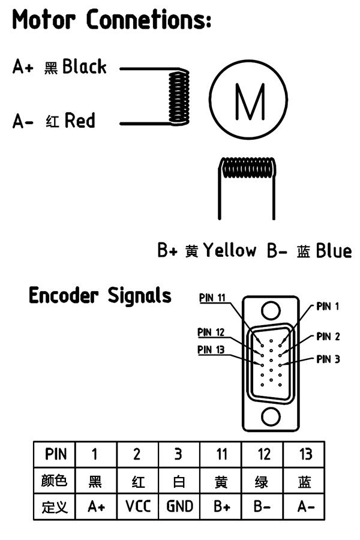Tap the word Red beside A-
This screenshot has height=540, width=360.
click(x=80, y=121)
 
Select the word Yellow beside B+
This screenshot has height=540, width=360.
click(x=229, y=250)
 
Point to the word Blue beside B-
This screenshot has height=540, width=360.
click(x=334, y=250)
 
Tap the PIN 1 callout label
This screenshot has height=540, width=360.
click(x=328, y=307)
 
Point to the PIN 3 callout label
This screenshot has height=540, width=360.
click(x=328, y=359)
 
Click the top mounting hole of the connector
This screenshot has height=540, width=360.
click(x=271, y=310)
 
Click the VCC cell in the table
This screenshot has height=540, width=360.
click(x=138, y=506)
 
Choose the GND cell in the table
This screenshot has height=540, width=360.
click(x=179, y=506)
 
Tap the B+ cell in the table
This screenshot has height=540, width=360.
click(x=221, y=506)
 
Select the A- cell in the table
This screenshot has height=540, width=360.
click(x=305, y=506)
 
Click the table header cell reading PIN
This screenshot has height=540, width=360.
click(x=56, y=454)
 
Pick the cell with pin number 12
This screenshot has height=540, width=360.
click(x=263, y=454)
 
